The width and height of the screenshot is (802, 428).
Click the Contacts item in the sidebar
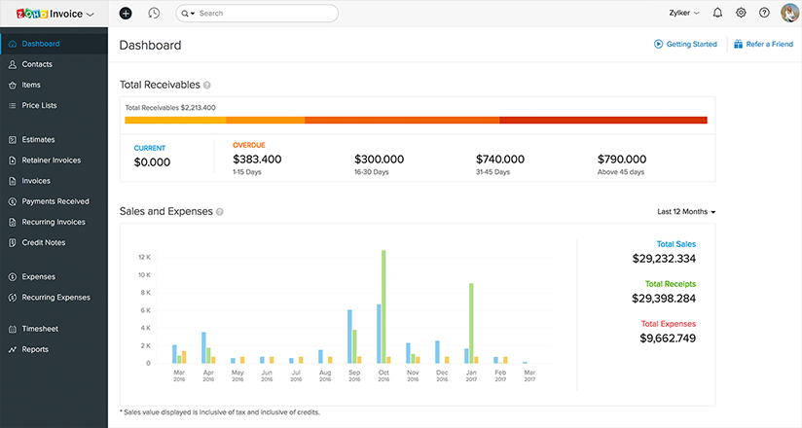pos(37,64)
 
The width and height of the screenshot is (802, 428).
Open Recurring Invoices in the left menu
pos(54,222)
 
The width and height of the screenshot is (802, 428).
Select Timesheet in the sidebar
pos(40,329)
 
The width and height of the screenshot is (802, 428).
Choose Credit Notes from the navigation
pos(43,242)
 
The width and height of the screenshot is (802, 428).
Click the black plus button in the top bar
pos(126,14)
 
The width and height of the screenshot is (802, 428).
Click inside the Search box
pos(263,14)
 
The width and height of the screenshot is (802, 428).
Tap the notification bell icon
pos(717,14)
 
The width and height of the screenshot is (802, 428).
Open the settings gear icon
pos(741,14)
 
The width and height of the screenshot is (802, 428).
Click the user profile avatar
pos(789,14)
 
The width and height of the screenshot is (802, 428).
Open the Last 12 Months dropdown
pos(686,211)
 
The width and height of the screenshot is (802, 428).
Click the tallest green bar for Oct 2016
pos(384,306)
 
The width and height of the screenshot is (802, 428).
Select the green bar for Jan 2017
pos(471,323)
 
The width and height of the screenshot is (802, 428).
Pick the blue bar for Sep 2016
pos(349,337)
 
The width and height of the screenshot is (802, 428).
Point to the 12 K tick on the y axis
pos(143,258)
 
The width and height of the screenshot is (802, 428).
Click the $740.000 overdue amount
pos(500,160)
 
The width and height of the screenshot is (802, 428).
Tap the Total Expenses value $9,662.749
pos(668,339)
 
